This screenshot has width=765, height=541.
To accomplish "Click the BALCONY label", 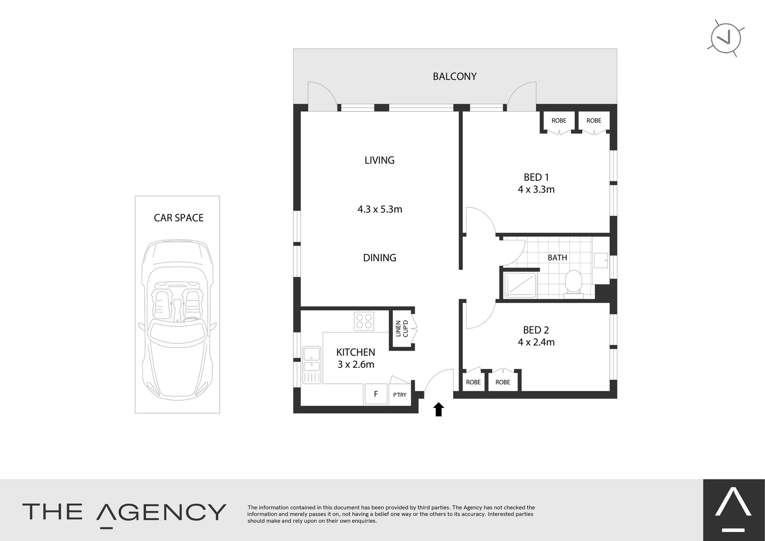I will [x=454, y=77].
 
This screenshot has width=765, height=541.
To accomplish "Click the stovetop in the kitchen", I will [x=364, y=321].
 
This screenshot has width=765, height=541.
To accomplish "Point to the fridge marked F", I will [x=376, y=394].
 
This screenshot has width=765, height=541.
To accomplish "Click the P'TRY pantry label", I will [x=400, y=395].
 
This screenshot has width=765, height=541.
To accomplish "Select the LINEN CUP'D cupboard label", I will [x=402, y=329].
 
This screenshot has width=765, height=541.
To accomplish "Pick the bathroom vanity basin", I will [x=601, y=260].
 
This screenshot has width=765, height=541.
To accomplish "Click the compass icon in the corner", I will [x=726, y=38].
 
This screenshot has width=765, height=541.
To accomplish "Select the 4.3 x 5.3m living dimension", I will [x=380, y=209].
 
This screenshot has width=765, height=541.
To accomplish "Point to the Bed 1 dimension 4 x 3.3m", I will [x=536, y=189].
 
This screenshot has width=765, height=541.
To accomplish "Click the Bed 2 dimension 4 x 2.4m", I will [x=536, y=342].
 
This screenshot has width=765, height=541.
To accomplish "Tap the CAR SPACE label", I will [x=179, y=218].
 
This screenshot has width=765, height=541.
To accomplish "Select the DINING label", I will [x=379, y=258].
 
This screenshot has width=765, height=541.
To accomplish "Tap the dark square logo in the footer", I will [x=733, y=510].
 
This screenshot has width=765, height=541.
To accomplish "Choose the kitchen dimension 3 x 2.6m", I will [x=356, y=365].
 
